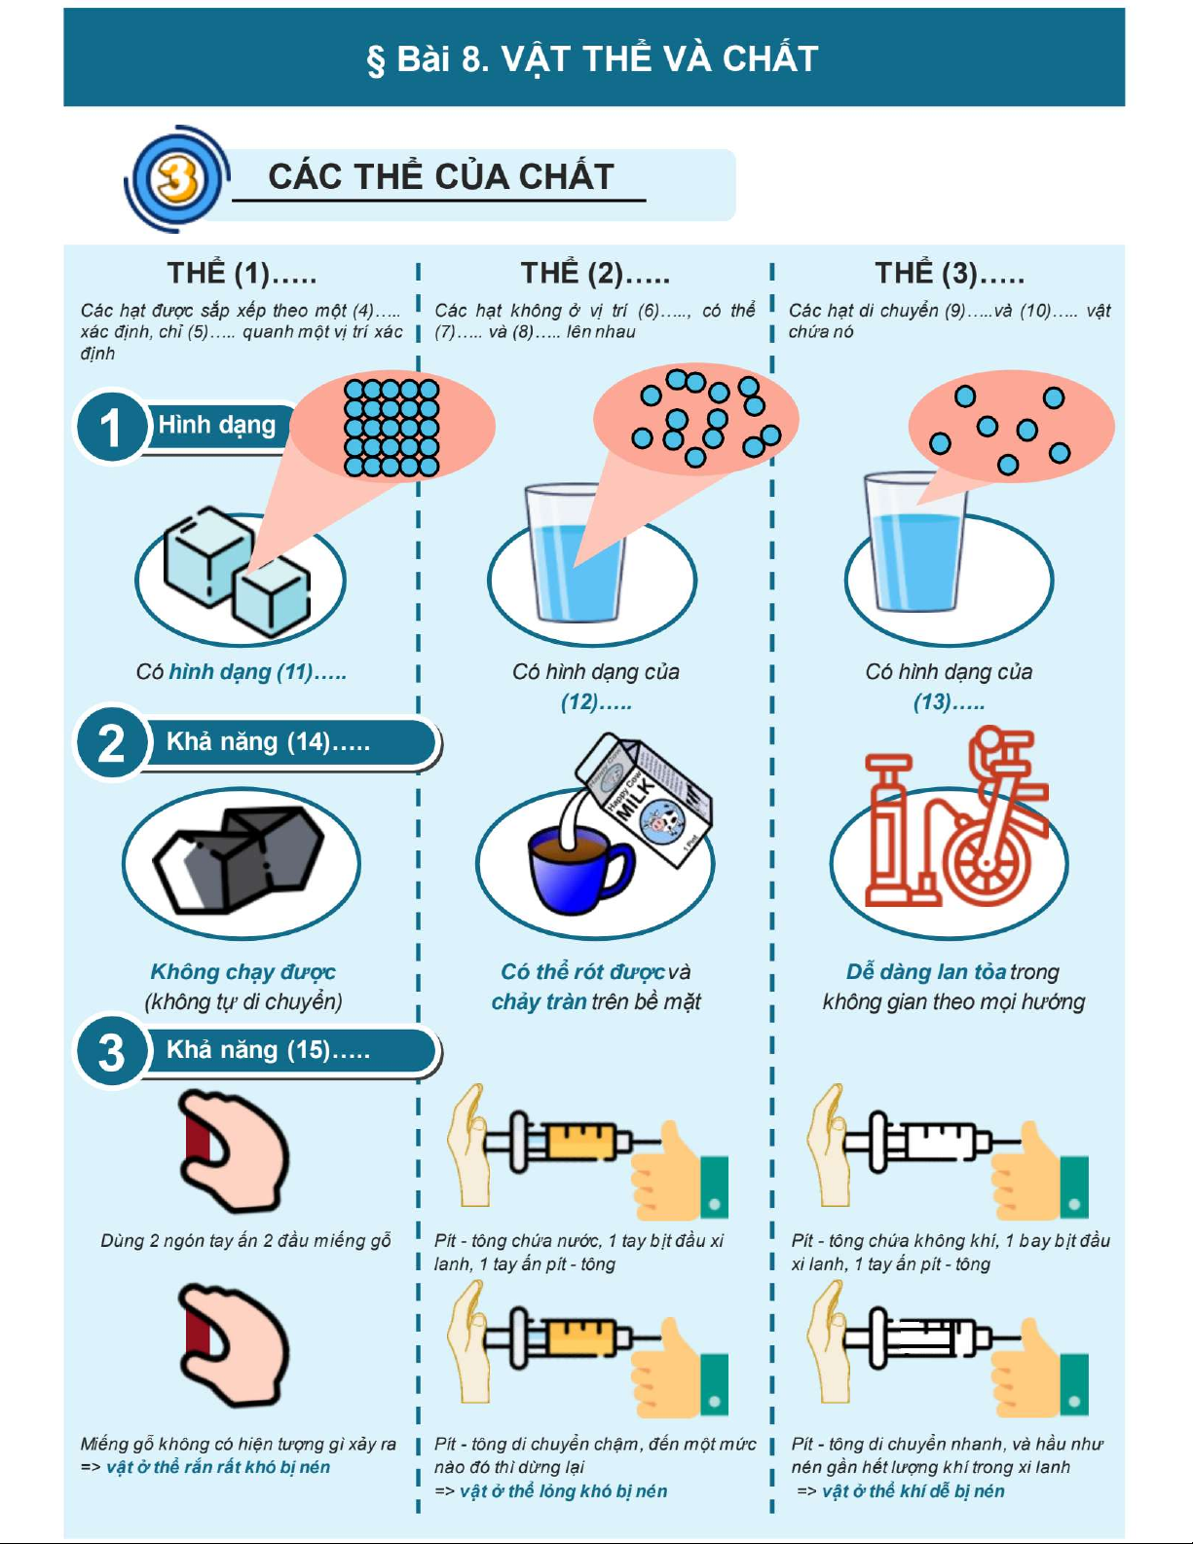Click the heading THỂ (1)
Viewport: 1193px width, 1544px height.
pyautogui.click(x=242, y=273)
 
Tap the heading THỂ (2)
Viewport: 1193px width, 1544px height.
pyautogui.click(x=595, y=273)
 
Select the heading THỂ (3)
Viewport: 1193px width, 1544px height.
pyautogui.click(x=950, y=273)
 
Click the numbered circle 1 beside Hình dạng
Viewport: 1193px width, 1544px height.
pyautogui.click(x=111, y=428)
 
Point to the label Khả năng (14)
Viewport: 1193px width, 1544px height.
pyautogui.click(x=268, y=742)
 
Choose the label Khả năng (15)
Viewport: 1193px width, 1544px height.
pyautogui.click(x=268, y=1049)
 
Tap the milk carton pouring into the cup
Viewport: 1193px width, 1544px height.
pyautogui.click(x=643, y=800)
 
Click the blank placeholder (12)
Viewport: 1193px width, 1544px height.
pyautogui.click(x=596, y=702)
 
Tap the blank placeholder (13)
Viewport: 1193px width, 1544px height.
pyautogui.click(x=949, y=702)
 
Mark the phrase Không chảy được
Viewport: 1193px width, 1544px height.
pyautogui.click(x=242, y=971)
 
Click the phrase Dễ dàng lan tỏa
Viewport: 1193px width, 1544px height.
pyautogui.click(x=926, y=971)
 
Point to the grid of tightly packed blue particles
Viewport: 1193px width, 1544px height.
pyautogui.click(x=391, y=428)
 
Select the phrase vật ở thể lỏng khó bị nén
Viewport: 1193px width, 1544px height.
pyautogui.click(x=563, y=1490)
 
